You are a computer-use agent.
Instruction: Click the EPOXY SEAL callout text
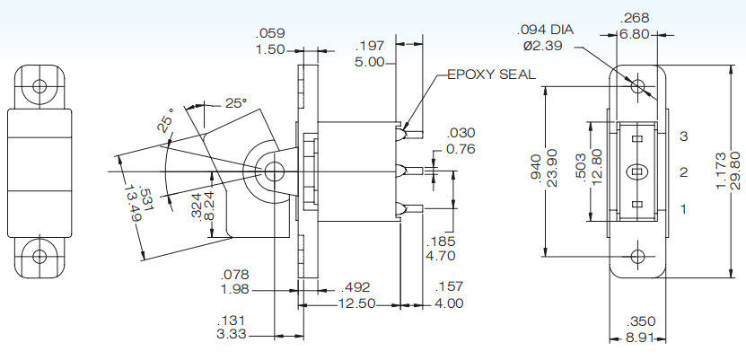pyautogui.click(x=491, y=75)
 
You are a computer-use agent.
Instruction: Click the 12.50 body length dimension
pyautogui.click(x=353, y=305)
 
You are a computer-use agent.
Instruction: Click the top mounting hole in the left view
pyautogui.click(x=39, y=87)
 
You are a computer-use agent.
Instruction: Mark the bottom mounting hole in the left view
pyautogui.click(x=39, y=256)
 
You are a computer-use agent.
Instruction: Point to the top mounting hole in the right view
pyautogui.click(x=637, y=87)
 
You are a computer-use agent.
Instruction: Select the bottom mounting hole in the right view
pyautogui.click(x=637, y=256)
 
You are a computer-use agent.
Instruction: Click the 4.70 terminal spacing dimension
pyautogui.click(x=443, y=256)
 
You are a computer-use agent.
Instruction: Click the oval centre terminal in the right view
pyautogui.click(x=637, y=171)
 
